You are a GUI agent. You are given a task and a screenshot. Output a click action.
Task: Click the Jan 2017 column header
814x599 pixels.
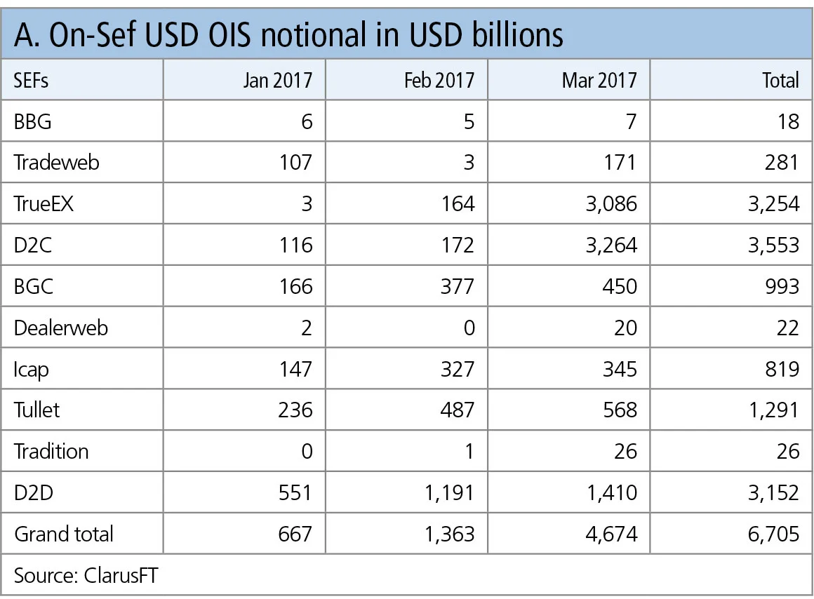[278, 80]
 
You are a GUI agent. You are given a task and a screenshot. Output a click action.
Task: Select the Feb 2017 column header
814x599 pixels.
[439, 80]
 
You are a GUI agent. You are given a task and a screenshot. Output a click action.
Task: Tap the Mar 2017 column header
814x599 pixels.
[599, 80]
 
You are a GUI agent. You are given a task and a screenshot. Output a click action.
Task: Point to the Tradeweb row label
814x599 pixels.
[57, 162]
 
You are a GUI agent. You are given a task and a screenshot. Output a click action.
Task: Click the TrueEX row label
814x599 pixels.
[44, 203]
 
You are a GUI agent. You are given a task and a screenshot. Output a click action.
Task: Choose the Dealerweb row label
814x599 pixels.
[61, 328]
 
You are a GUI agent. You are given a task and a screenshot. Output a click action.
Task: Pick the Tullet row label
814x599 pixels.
[36, 410]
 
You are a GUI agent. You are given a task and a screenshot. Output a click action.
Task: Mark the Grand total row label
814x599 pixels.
[64, 534]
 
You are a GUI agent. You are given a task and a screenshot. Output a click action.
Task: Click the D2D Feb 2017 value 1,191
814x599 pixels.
[448, 492]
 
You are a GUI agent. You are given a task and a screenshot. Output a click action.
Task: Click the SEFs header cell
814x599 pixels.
[31, 80]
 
